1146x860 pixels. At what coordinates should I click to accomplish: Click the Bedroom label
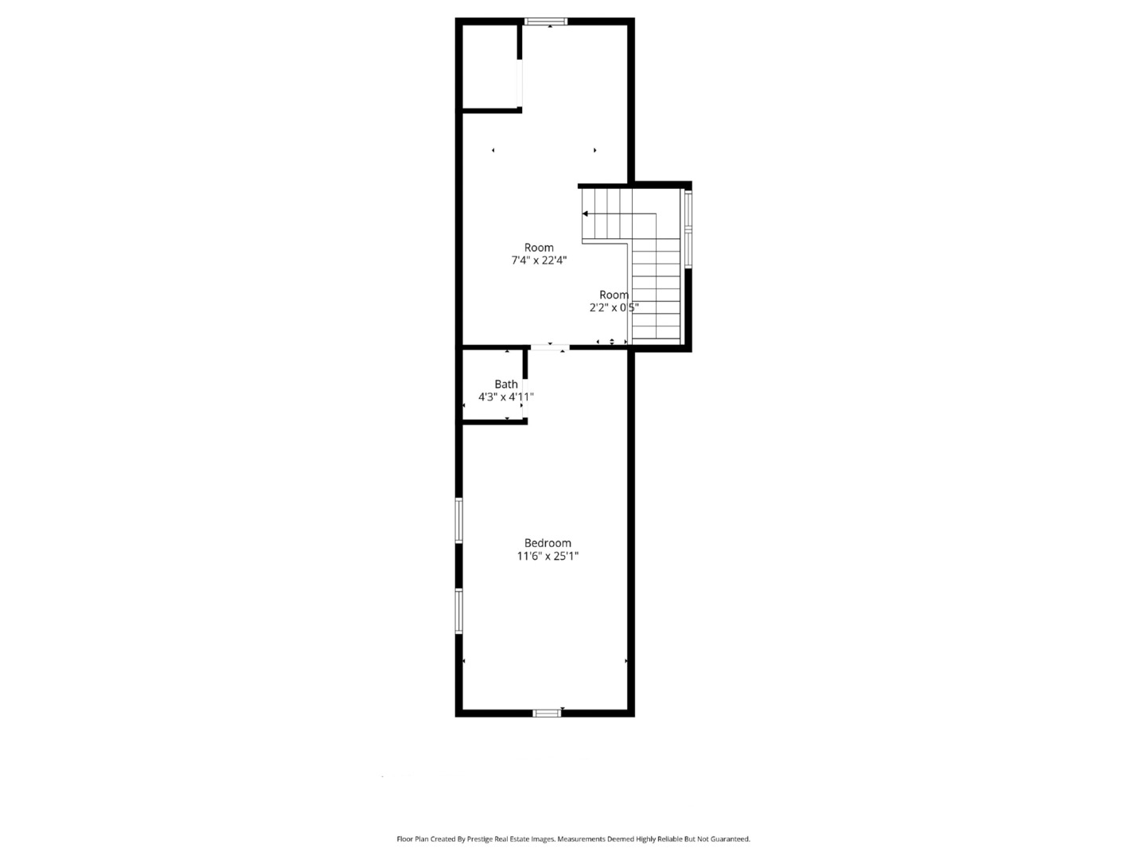(x=548, y=543)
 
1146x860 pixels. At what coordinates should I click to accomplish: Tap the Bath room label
(x=506, y=384)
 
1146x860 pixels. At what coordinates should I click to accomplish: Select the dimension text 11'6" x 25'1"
(x=548, y=556)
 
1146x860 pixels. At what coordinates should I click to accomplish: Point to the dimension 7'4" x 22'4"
(x=539, y=260)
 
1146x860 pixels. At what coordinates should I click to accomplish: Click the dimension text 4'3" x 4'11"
(x=506, y=397)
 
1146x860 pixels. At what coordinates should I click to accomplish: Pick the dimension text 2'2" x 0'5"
(x=614, y=307)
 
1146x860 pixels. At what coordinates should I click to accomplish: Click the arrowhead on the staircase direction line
(x=585, y=213)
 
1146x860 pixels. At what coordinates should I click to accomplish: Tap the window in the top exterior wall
(x=546, y=21)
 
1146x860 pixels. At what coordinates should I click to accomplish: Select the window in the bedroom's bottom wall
(x=547, y=713)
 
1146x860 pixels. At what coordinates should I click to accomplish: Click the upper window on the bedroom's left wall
(x=459, y=521)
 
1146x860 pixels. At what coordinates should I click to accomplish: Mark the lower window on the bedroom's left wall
(x=459, y=612)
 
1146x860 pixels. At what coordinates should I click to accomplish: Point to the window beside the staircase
(x=688, y=229)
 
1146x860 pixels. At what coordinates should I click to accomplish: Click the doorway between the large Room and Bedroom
(x=550, y=347)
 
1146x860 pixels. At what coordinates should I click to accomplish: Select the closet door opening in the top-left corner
(x=520, y=83)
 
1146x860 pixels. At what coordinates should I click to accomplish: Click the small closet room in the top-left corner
(x=489, y=66)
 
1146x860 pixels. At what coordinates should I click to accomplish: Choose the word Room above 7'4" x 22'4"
(x=539, y=248)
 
